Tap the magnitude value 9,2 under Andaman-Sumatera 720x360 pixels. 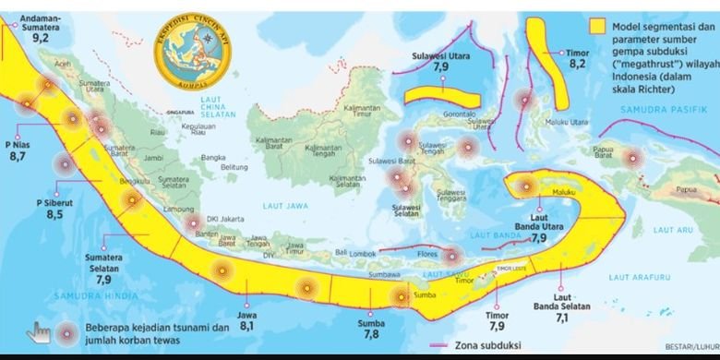pyautogui.click(x=41, y=39)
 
